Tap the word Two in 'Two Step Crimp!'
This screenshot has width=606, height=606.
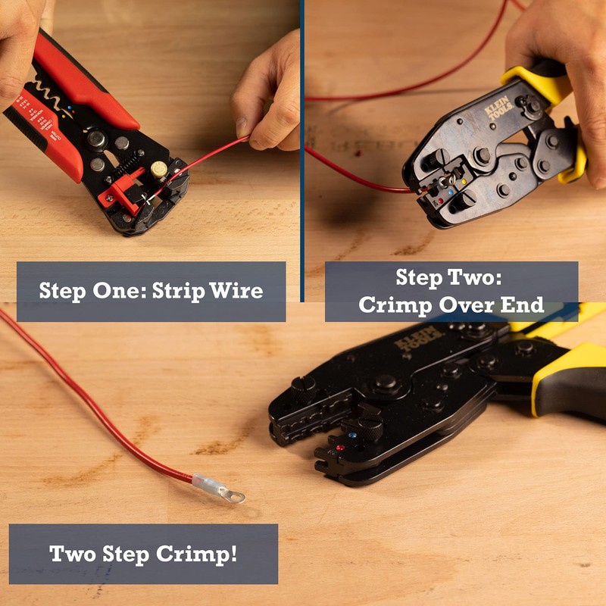(73, 553)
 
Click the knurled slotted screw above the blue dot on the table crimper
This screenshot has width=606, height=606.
(369, 417)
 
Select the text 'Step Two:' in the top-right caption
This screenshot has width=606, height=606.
(450, 279)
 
